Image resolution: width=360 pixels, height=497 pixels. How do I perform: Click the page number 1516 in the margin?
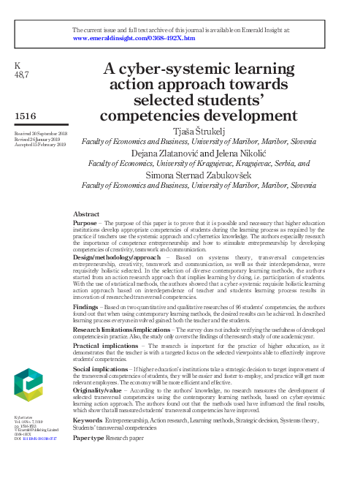click(26, 115)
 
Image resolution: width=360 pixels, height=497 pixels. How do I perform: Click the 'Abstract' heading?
click(87, 213)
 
